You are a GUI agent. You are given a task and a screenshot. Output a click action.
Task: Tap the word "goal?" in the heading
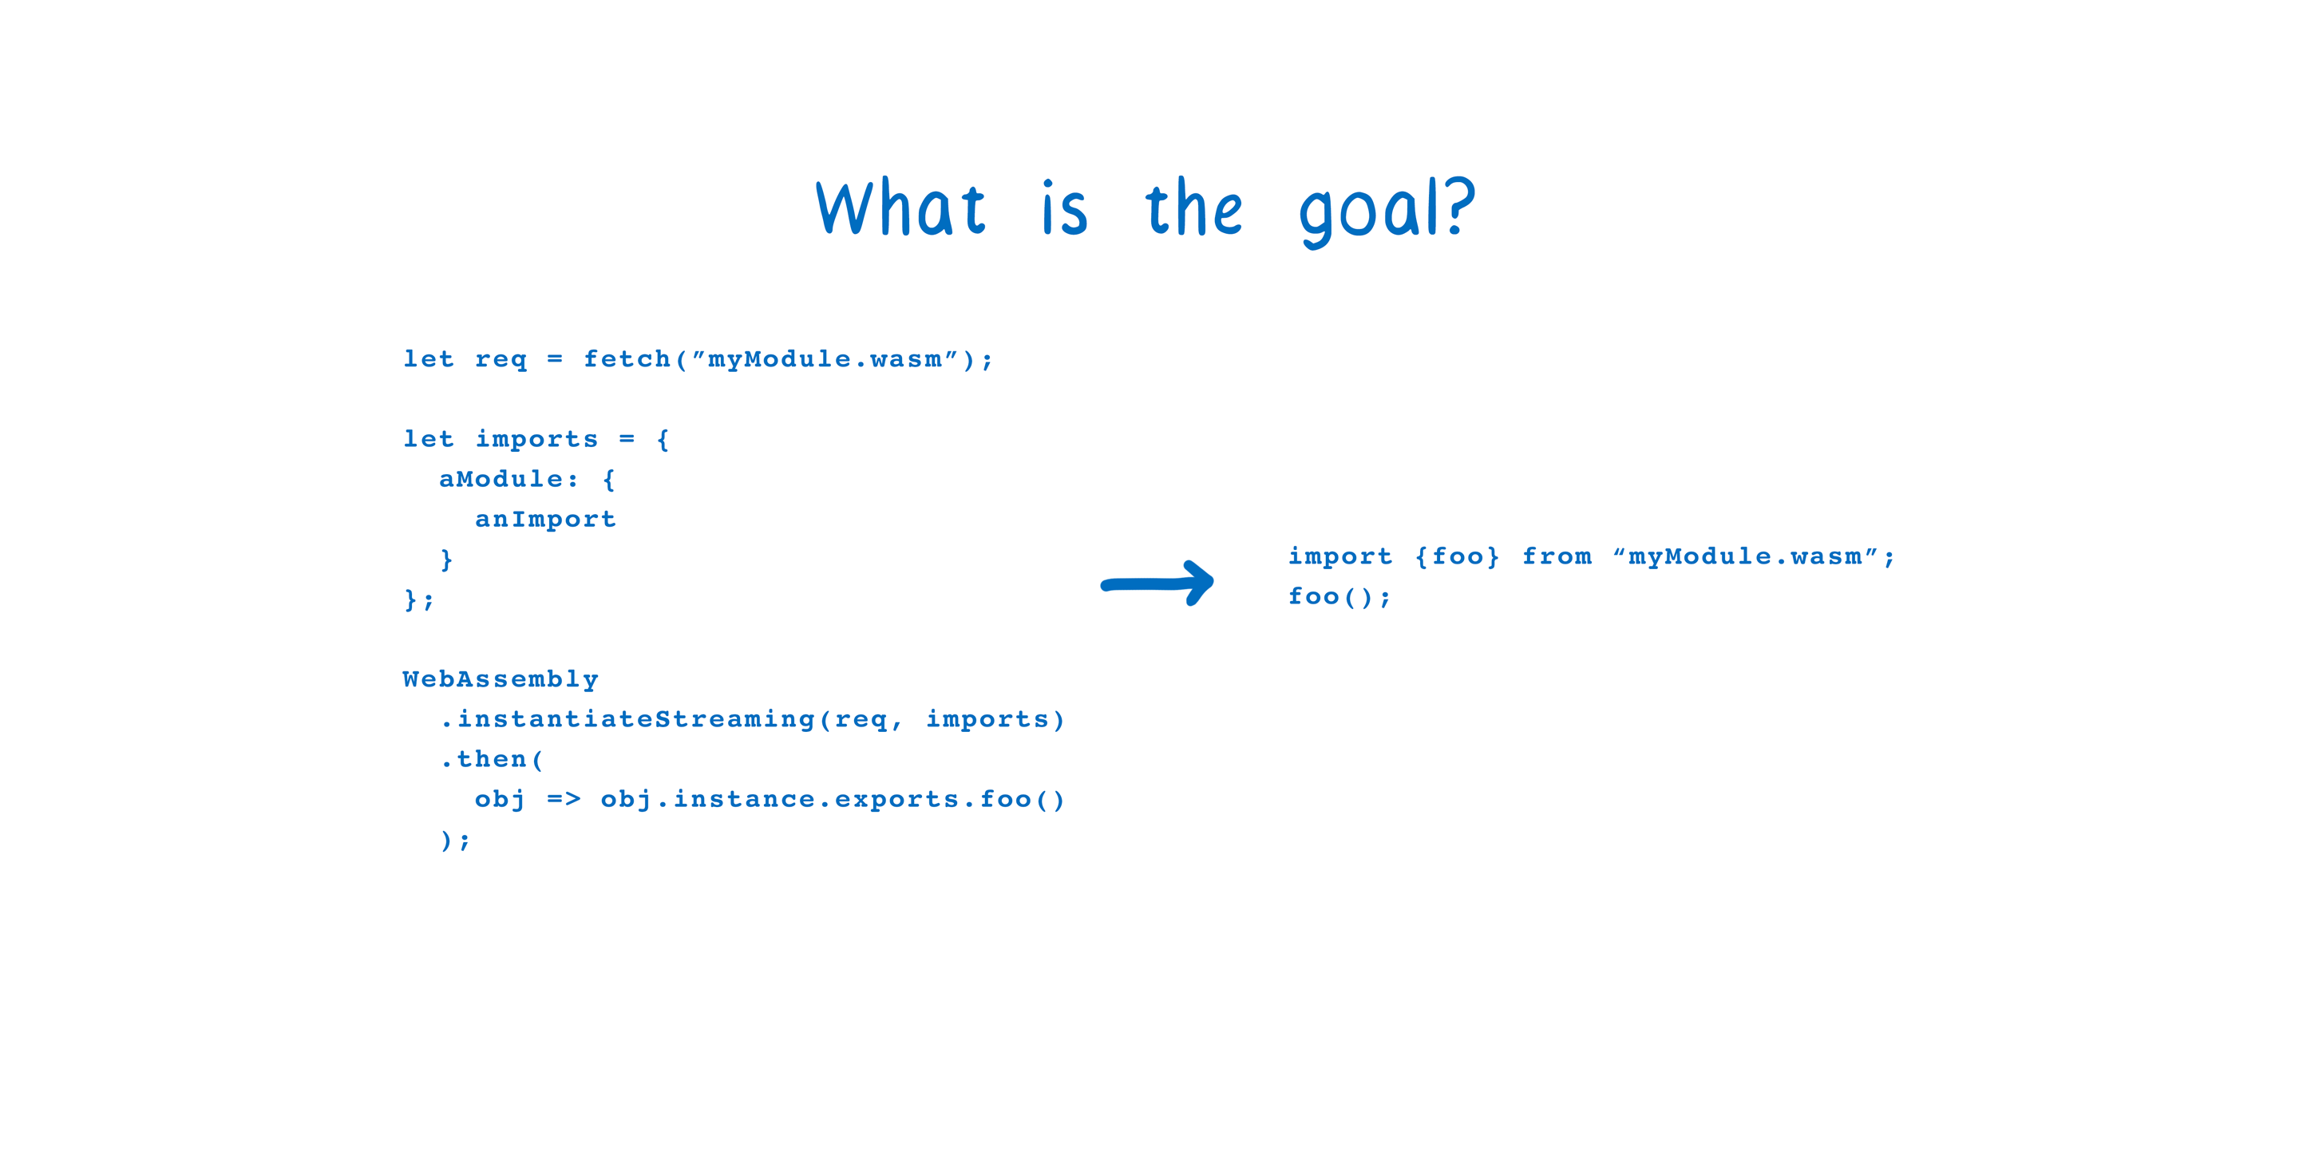pyautogui.click(x=1387, y=211)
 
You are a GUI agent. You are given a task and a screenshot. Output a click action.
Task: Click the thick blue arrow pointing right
pyautogui.click(x=1157, y=583)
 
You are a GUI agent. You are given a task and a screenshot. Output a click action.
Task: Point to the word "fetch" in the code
pyautogui.click(x=627, y=359)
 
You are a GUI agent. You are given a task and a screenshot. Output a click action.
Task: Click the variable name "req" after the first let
pyautogui.click(x=501, y=361)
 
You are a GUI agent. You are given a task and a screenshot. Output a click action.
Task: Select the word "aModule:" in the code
pyautogui.click(x=508, y=479)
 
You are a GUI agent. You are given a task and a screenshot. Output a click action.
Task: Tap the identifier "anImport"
pyautogui.click(x=545, y=520)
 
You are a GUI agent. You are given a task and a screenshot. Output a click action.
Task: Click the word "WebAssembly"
pyautogui.click(x=501, y=680)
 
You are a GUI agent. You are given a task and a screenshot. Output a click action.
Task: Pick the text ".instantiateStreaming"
pyautogui.click(x=628, y=719)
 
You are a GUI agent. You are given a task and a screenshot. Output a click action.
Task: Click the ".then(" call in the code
pyautogui.click(x=492, y=760)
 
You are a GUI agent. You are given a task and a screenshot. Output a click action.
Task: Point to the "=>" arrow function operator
pyautogui.click(x=563, y=800)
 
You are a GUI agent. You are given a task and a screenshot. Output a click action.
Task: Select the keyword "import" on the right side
pyautogui.click(x=1339, y=557)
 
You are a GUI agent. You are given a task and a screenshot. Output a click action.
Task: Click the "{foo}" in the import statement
pyautogui.click(x=1458, y=557)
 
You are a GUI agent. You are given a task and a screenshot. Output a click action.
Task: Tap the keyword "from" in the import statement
pyautogui.click(x=1557, y=557)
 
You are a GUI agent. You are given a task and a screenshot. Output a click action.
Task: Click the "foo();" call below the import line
pyautogui.click(x=1339, y=596)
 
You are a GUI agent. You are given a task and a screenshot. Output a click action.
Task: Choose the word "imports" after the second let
pyautogui.click(x=536, y=440)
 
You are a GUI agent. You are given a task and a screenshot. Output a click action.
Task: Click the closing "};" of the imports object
pyautogui.click(x=418, y=599)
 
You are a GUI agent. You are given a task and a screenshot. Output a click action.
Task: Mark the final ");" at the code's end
pyautogui.click(x=455, y=840)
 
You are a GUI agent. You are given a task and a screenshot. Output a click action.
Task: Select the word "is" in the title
pyautogui.click(x=1065, y=209)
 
